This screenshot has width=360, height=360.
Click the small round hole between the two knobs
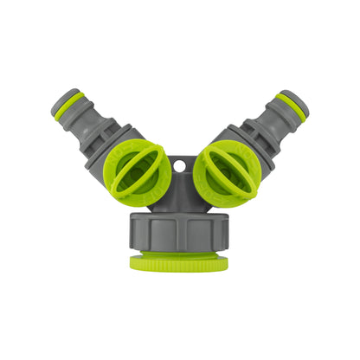pyautogui.click(x=181, y=163)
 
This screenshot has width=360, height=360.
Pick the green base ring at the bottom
pyautogui.click(x=179, y=261)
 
